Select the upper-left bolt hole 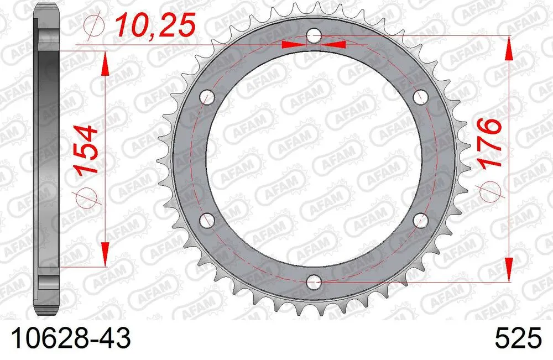(x=208, y=98)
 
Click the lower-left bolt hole (x=208, y=220)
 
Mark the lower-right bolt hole (x=419, y=220)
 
